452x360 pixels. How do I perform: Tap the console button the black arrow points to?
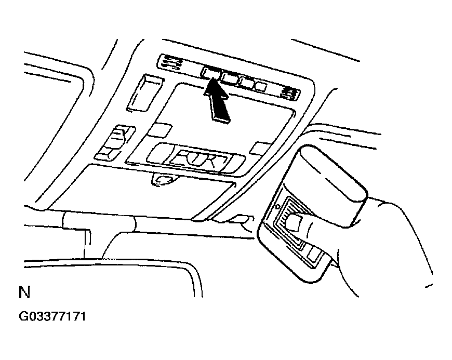pyautogui.click(x=211, y=72)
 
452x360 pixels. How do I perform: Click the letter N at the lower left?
pyautogui.click(x=24, y=292)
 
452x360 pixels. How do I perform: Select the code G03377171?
pyautogui.click(x=52, y=316)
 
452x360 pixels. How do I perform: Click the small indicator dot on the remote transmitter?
pyautogui.click(x=277, y=207)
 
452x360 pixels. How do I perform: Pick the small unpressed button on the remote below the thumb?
pyautogui.click(x=312, y=254)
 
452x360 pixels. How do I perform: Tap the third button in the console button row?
pyautogui.click(x=247, y=82)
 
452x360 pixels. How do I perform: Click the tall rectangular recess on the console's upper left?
pyautogui.click(x=145, y=93)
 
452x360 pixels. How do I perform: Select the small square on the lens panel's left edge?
pyautogui.click(x=159, y=130)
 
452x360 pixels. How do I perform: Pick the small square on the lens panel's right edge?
pyautogui.click(x=260, y=148)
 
